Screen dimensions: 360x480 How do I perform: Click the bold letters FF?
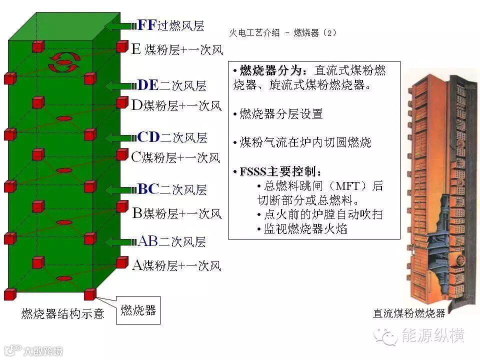(147, 25)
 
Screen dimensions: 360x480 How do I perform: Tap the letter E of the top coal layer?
(136, 49)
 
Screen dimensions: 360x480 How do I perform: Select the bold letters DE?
(147, 85)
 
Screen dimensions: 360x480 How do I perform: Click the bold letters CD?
(147, 137)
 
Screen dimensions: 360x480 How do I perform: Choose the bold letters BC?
(147, 189)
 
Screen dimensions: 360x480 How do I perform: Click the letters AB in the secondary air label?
(147, 241)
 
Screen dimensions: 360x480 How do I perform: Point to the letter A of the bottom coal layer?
(137, 265)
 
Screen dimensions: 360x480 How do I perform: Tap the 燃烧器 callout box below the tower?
(138, 310)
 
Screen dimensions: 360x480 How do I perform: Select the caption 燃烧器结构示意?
(63, 313)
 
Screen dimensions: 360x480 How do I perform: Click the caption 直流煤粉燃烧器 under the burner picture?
(408, 313)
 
